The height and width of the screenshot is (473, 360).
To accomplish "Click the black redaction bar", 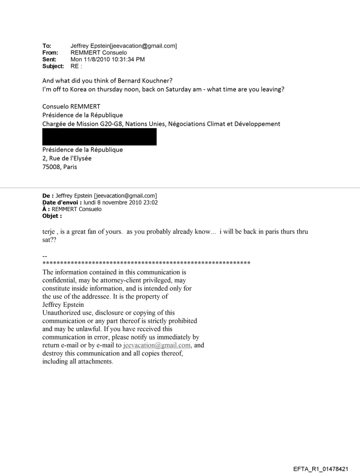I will pos(99,137).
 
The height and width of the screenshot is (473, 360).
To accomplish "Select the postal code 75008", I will pos(51,167).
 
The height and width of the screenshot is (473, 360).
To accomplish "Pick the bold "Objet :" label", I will pos(51,216).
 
